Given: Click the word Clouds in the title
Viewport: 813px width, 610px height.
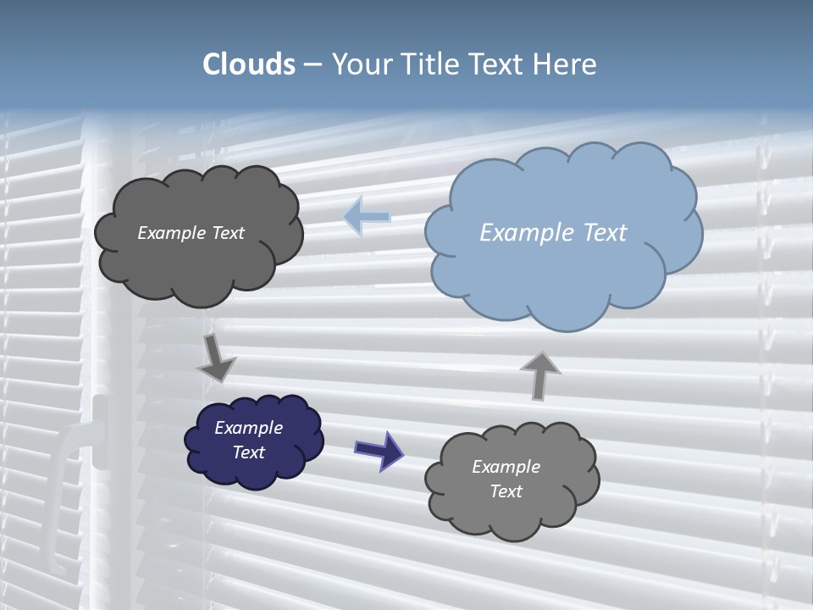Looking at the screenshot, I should point(249,64).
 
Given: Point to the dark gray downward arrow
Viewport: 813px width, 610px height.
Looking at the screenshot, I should point(217,358).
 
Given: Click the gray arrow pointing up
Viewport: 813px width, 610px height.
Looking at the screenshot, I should point(539,375).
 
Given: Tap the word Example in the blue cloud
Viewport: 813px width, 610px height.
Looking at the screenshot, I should point(517,233).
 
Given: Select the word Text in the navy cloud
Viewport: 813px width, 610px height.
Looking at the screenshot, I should point(249,452).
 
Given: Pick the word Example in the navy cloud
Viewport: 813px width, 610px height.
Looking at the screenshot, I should point(248,428).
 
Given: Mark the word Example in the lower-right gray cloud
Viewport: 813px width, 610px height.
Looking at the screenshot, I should point(506,467).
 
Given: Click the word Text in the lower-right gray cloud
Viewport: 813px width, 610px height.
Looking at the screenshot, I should point(506,491).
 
